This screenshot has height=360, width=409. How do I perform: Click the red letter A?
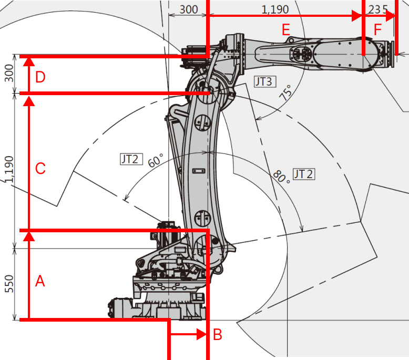[x=40, y=282]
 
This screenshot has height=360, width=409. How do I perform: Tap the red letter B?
[x=217, y=334]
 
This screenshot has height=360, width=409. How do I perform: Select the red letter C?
[x=40, y=169]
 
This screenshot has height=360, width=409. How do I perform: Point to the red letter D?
[x=40, y=77]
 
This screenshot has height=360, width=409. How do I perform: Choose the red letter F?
[x=378, y=30]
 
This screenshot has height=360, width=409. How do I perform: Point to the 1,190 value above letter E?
[x=275, y=8]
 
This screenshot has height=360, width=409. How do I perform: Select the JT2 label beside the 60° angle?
[x=130, y=158]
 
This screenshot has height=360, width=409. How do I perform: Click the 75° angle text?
[x=285, y=94]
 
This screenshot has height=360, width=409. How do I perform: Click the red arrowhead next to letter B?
[x=202, y=334]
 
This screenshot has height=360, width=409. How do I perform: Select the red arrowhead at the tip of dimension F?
[x=391, y=16]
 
